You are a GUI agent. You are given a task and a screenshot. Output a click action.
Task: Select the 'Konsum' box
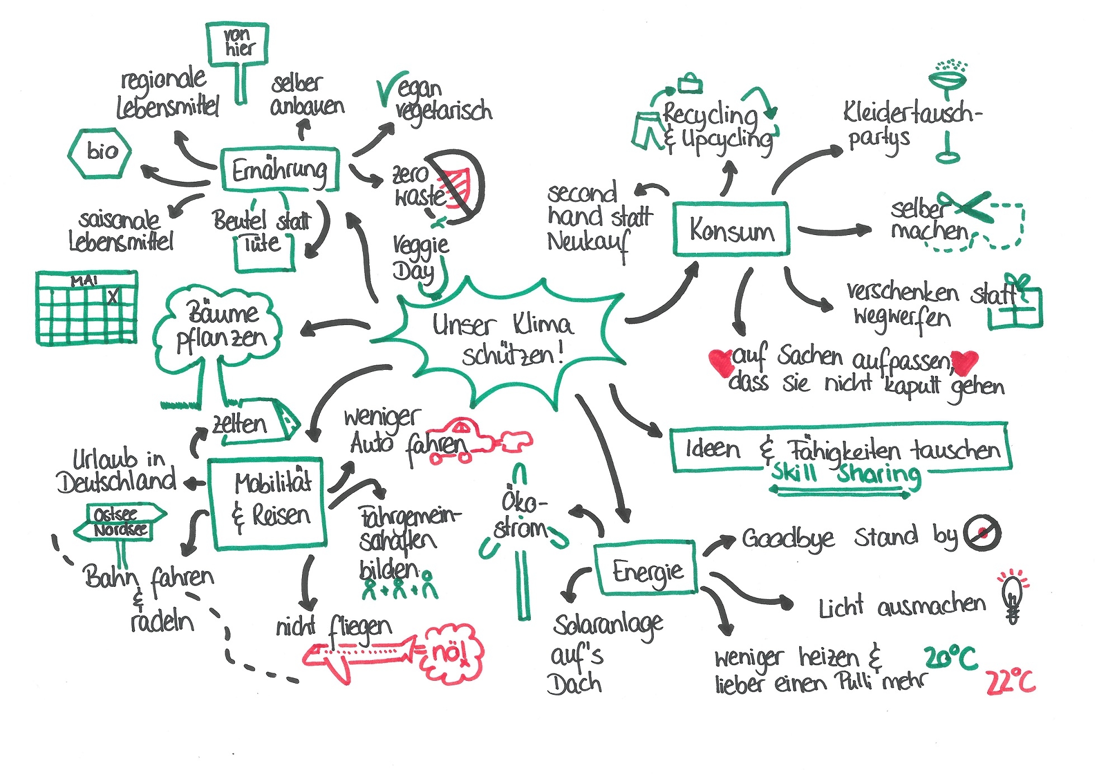pos(732,230)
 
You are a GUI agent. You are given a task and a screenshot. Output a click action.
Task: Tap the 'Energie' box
pos(646,569)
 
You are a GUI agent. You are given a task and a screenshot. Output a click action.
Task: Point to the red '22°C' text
pos(1010,681)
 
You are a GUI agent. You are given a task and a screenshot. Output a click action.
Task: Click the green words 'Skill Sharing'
pos(845,474)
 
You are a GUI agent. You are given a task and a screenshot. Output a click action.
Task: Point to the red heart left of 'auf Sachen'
pos(720,362)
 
